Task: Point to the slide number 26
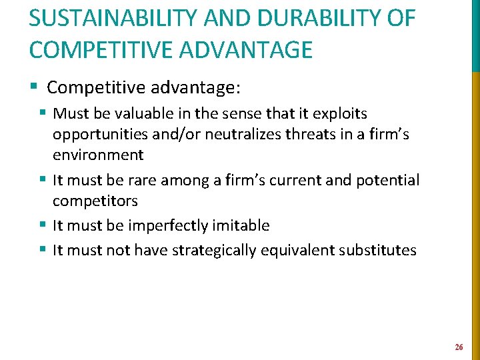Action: [x=459, y=347]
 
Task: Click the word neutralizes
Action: [x=244, y=135]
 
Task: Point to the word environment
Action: [x=98, y=155]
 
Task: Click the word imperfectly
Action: [x=171, y=225]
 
